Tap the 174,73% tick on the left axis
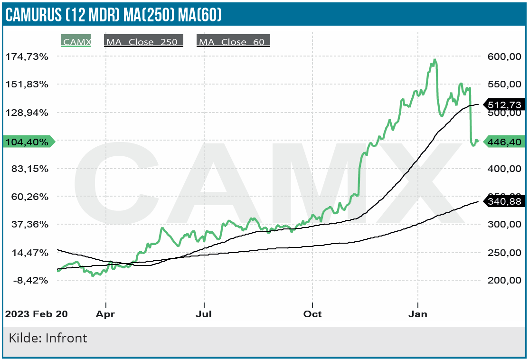(x=27, y=57)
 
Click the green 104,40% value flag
(x=28, y=142)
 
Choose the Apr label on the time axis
(x=105, y=314)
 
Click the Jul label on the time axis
(x=204, y=314)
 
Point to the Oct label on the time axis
(x=312, y=314)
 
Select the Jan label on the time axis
(x=418, y=314)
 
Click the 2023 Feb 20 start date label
(x=36, y=314)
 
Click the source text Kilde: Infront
(x=48, y=338)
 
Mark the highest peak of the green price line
(x=435, y=60)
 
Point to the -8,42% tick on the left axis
(x=27, y=280)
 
